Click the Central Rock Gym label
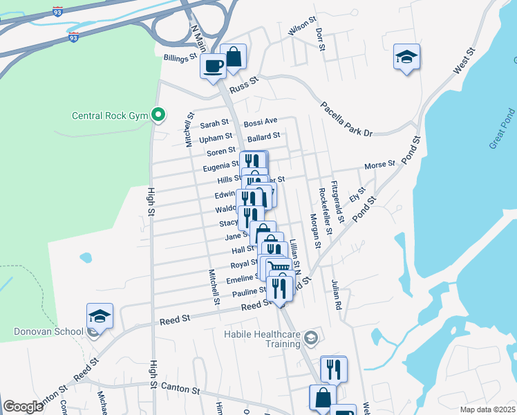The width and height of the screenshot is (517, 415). point(111,116)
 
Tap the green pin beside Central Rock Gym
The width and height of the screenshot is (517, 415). point(159,115)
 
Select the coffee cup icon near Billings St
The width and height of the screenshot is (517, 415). point(213,66)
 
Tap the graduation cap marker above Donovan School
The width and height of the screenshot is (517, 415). point(100,316)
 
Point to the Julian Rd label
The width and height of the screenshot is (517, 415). point(336,295)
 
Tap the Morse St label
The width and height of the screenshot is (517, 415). point(379,165)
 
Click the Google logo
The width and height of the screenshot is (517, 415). point(23,407)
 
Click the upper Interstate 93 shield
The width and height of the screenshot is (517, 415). point(57,12)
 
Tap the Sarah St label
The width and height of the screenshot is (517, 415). point(214,125)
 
